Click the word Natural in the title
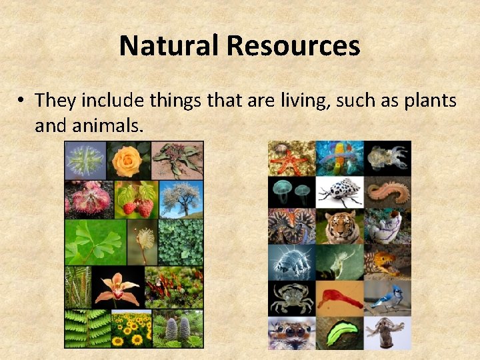(x=169, y=46)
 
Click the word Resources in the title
(x=293, y=46)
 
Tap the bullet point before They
(x=22, y=101)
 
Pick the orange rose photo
(x=127, y=160)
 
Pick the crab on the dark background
(x=291, y=298)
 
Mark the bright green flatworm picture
(x=339, y=332)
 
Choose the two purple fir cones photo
(x=177, y=328)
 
